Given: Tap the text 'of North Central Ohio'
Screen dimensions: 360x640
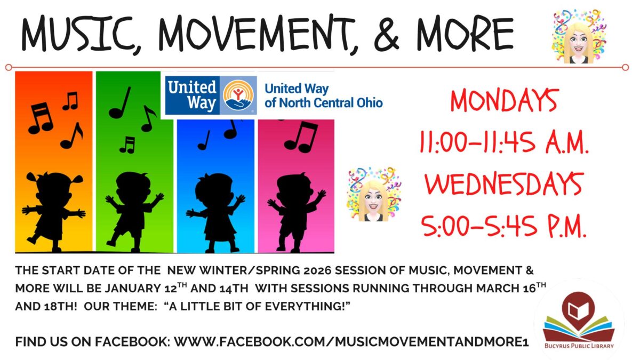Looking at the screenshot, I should coord(324,102).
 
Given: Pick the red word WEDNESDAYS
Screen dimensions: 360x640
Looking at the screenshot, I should coord(504,185).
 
